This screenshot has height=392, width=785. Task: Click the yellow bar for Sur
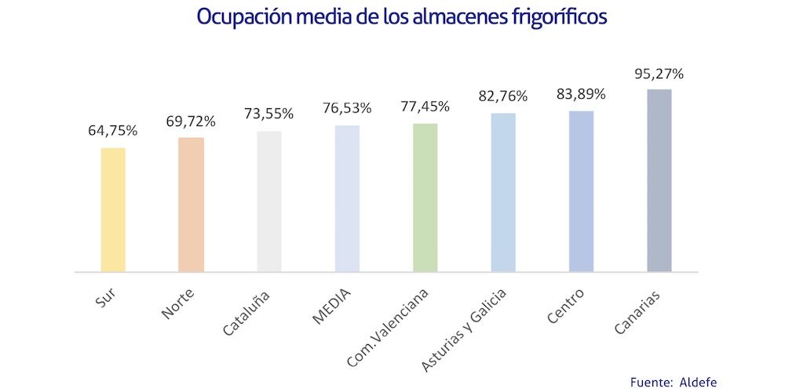(x=113, y=209)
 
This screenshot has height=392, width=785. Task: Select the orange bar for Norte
(x=191, y=205)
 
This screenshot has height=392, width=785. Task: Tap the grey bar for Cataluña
(x=269, y=201)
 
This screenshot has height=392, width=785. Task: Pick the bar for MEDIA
(x=347, y=198)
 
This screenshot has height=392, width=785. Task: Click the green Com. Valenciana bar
(x=425, y=198)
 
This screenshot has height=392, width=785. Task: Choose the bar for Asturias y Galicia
(x=503, y=192)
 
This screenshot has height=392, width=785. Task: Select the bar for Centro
(x=581, y=191)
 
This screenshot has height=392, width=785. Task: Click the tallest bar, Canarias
(x=659, y=180)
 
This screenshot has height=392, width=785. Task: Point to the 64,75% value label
(x=113, y=131)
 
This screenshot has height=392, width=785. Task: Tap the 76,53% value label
(x=347, y=108)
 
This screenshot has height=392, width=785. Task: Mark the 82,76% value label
(x=503, y=96)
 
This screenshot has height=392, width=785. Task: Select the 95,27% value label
(x=659, y=74)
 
